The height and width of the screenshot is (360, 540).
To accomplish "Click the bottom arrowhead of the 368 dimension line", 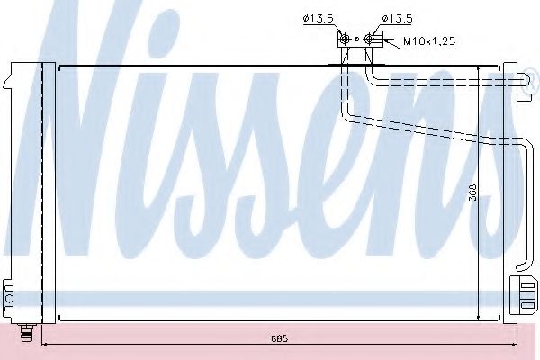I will click(x=479, y=317).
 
